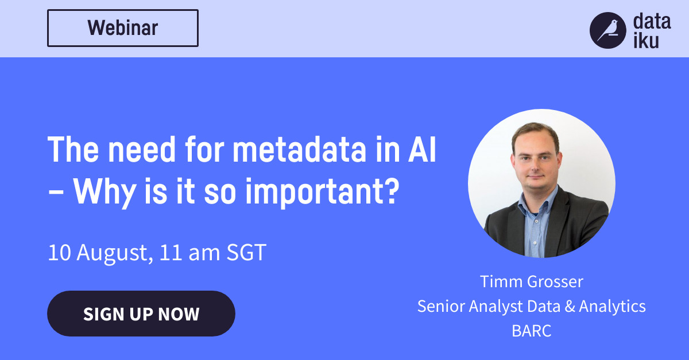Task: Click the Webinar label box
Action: point(122,28)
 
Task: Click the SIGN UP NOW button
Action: point(141,314)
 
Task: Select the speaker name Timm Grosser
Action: point(532,281)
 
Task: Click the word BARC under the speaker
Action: point(532,331)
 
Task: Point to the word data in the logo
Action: point(651,22)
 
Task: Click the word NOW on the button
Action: point(179,314)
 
